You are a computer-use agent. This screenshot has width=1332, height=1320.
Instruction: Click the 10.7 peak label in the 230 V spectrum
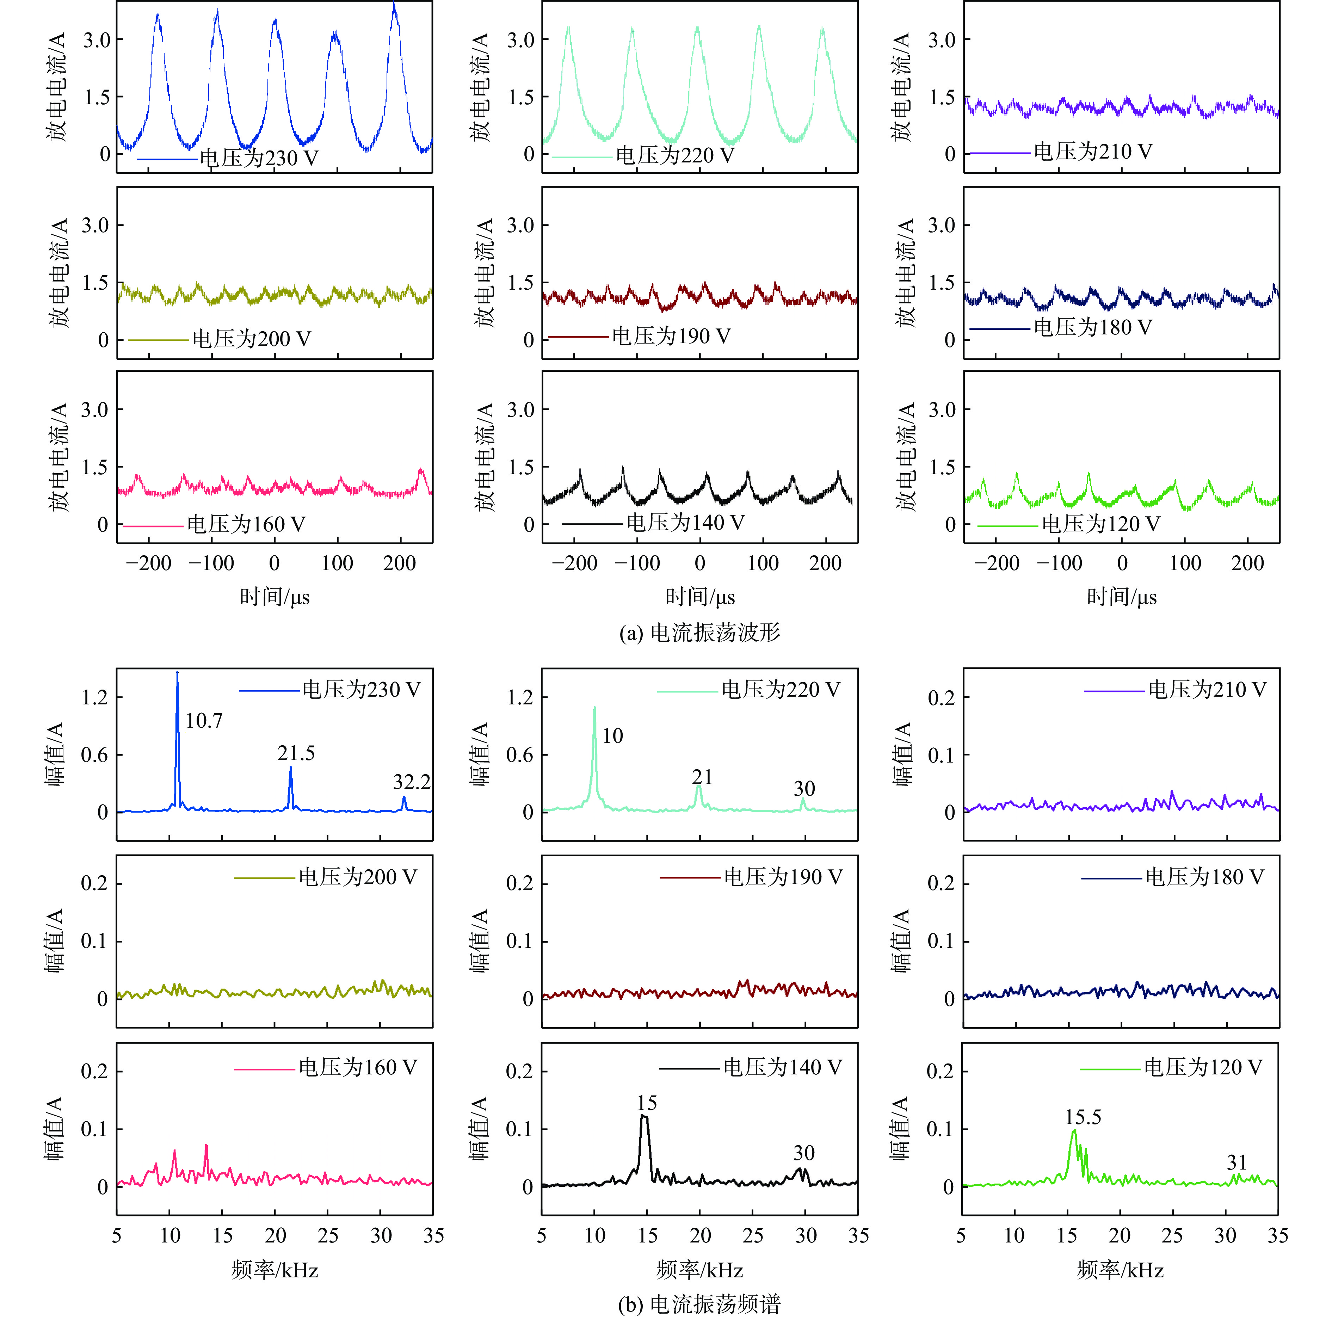[x=204, y=721]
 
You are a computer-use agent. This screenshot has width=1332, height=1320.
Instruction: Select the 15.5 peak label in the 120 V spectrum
[x=1083, y=1117]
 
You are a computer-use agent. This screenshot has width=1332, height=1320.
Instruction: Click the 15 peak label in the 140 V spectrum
[x=647, y=1103]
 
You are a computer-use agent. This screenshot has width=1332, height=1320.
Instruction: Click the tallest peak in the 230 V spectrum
[x=177, y=673]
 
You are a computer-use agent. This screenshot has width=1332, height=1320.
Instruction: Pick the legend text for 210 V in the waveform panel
[x=1093, y=152]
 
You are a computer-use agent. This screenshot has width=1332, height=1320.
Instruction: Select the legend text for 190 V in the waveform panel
[x=671, y=337]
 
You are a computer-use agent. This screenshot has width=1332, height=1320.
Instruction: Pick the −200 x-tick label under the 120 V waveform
[x=996, y=563]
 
